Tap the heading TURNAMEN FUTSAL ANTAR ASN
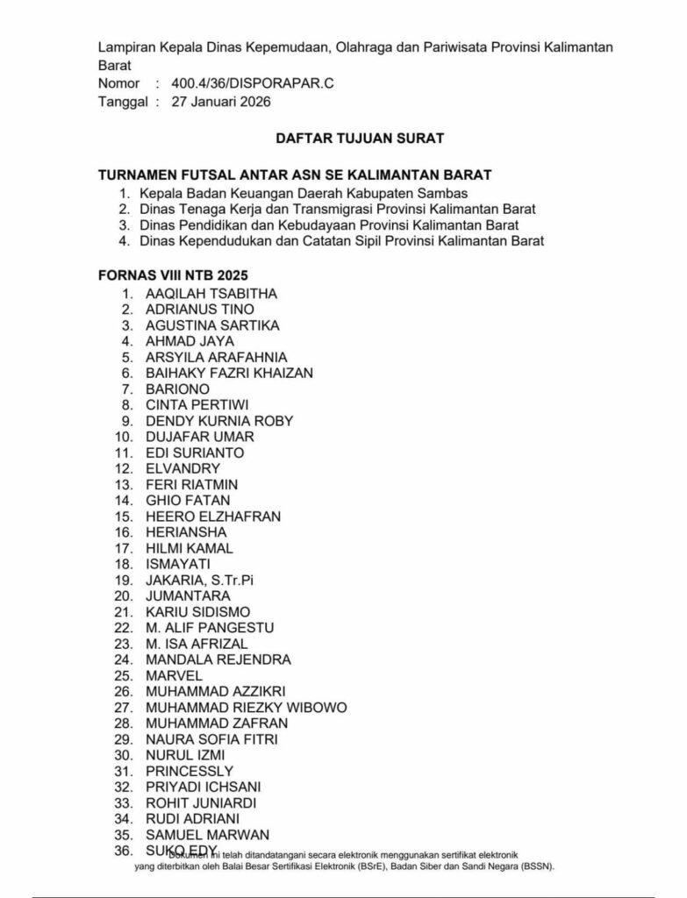coord(294,175)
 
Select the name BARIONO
coord(177,388)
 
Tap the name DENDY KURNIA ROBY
coord(219,420)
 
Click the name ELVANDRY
coord(182,468)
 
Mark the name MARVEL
coord(174,675)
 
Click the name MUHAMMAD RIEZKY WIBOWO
coord(246,707)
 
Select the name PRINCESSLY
coord(190,771)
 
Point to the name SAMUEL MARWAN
coord(207,834)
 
